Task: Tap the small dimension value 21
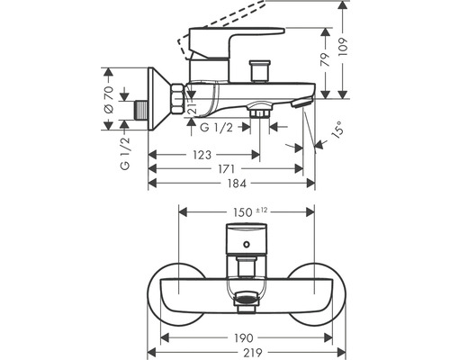tap(192, 107)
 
